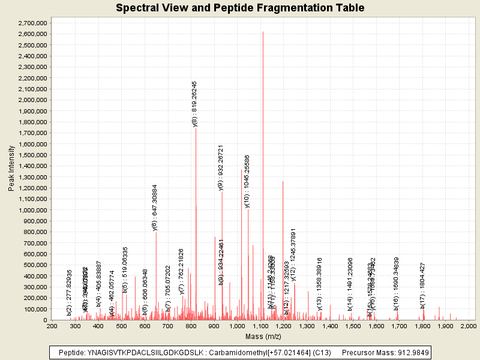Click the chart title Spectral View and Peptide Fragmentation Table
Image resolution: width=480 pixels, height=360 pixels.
pos(240,8)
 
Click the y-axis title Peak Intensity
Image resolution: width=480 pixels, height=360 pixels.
pos(11,170)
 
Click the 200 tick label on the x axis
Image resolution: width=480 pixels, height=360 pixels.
pos(52,326)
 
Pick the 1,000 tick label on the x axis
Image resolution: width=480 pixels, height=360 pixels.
pos(237,326)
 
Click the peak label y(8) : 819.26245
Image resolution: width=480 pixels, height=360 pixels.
pos(194,104)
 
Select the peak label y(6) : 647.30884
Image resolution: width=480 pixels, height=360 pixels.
pos(155,207)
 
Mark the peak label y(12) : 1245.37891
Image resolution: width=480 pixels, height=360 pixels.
pos(293,254)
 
